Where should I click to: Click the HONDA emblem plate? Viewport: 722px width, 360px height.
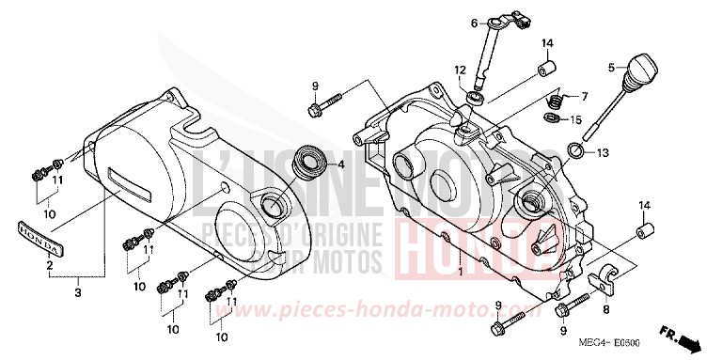point(39,238)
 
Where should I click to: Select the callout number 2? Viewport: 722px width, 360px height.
point(49,265)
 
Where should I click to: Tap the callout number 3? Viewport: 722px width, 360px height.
point(79,293)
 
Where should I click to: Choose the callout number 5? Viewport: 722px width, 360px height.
point(612,68)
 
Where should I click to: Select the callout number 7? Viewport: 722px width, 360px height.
point(584,97)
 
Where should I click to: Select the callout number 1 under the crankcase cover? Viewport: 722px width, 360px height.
point(460,273)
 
